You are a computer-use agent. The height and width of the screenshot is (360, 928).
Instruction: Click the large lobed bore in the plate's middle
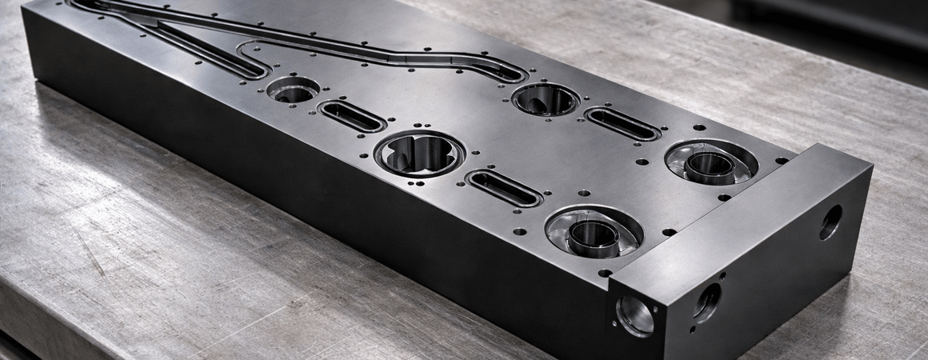point(420,153)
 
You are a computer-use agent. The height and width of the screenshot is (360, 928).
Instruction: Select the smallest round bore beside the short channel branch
point(293,89)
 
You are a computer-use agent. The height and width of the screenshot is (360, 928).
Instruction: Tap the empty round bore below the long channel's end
point(546,99)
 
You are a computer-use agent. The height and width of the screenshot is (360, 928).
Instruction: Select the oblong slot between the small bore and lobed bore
point(352,117)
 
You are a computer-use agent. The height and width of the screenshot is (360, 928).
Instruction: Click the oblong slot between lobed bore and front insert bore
point(504,188)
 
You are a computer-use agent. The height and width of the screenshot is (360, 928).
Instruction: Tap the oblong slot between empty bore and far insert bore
point(622,124)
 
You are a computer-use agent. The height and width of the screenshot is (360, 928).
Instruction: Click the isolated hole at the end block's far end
point(830,222)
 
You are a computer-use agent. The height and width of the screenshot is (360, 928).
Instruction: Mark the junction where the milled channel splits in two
point(152,18)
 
